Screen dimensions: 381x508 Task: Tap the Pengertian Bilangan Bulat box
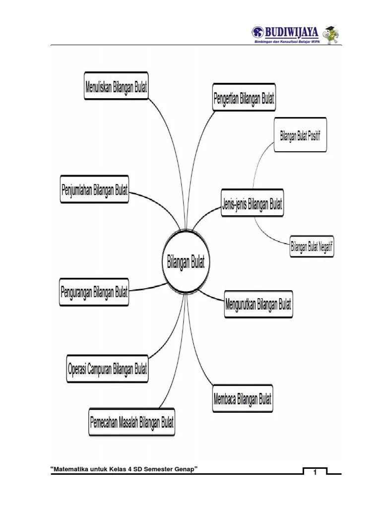pos(244,97)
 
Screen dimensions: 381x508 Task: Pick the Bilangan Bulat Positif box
pos(300,135)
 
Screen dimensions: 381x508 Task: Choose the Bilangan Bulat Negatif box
pos(312,247)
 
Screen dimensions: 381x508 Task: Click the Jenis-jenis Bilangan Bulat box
pos(252,203)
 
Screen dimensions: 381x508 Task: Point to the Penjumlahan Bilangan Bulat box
pos(94,190)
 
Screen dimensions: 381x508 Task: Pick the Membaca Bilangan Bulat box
pos(242,399)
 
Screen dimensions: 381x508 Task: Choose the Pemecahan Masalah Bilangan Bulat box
pos(132,424)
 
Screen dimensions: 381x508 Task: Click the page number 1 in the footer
pos(315,473)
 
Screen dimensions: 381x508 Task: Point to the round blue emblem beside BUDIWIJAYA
pos(258,33)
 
